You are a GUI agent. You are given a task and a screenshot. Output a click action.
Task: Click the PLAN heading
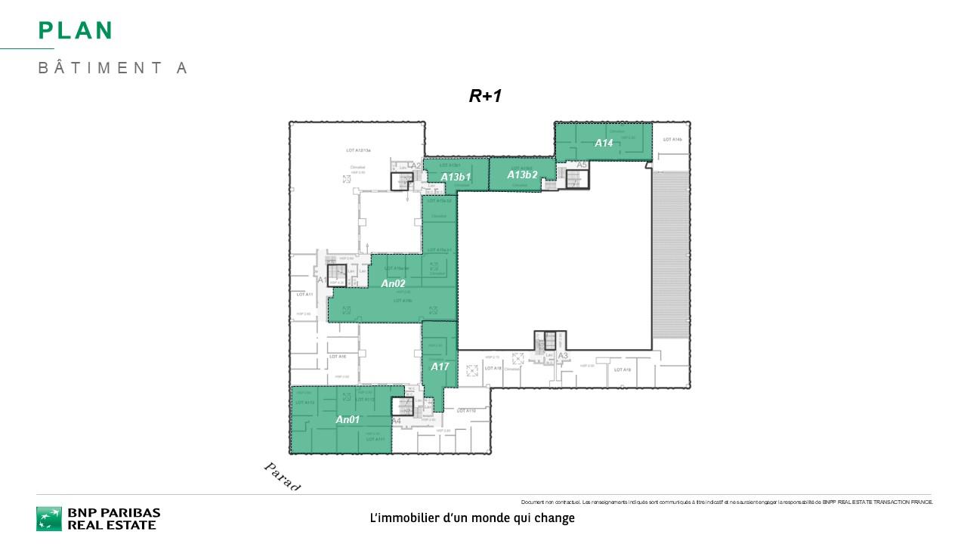click(x=76, y=30)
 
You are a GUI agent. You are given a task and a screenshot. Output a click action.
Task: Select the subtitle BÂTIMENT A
click(x=113, y=68)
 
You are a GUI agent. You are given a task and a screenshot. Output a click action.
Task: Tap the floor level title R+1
click(x=485, y=96)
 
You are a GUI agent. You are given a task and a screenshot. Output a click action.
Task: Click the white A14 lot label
click(x=604, y=143)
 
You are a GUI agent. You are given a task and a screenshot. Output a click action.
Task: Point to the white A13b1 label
click(x=456, y=177)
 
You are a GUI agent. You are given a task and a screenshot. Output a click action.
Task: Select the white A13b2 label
click(x=522, y=175)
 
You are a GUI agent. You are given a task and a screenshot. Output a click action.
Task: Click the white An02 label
click(x=393, y=283)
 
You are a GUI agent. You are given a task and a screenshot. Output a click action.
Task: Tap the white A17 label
click(x=440, y=366)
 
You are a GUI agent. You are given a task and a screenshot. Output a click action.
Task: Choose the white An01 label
click(x=348, y=419)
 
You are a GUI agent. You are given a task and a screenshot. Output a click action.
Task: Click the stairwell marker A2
click(x=416, y=166)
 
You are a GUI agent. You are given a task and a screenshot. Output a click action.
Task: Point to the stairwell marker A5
click(x=582, y=165)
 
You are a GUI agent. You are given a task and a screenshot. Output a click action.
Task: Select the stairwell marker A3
click(x=562, y=356)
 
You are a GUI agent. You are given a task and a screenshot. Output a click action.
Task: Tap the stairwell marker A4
click(x=396, y=421)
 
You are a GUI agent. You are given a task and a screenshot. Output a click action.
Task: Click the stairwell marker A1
click(x=321, y=280)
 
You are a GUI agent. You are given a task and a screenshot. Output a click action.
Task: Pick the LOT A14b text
click(x=672, y=140)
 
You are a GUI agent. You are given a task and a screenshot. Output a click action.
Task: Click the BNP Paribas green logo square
click(x=49, y=518)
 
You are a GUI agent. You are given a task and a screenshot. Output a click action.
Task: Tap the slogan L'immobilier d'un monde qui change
click(x=472, y=518)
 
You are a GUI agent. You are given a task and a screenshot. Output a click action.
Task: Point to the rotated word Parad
click(x=282, y=477)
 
